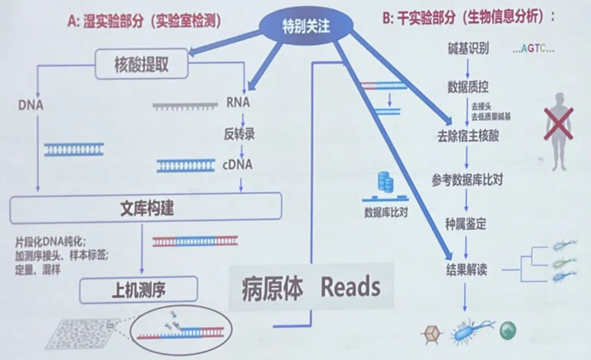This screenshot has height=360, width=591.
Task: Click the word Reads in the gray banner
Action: click(350, 287)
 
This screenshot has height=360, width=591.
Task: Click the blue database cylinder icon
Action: click(386, 182)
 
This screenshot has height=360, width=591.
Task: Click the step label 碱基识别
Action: click(467, 49)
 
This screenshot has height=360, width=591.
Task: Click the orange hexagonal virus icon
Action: click(430, 333)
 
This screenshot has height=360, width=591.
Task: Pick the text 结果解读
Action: click(466, 270)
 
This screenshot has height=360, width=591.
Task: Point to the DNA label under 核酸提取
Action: click(31, 104)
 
